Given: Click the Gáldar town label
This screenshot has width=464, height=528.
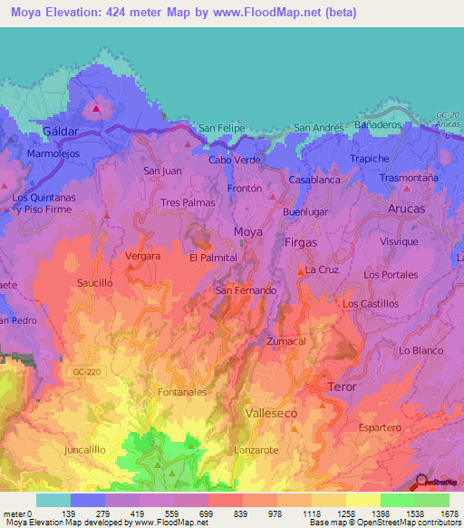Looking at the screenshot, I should click(62, 132).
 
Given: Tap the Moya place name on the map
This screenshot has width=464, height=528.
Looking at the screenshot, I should click(248, 232).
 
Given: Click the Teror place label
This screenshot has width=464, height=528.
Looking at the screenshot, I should click(341, 386).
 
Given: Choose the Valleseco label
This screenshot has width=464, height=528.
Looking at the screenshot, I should click(271, 412).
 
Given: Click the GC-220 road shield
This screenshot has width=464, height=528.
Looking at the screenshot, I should click(81, 371).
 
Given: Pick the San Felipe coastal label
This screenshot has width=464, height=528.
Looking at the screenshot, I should click(221, 129).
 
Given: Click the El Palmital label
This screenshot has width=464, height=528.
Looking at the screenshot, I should click(213, 259).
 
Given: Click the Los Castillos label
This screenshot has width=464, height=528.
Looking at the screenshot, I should click(370, 304).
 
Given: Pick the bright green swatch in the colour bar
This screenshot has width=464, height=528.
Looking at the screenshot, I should click(397, 500).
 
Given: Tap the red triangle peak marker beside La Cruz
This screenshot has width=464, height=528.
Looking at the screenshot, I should click(301, 270).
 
